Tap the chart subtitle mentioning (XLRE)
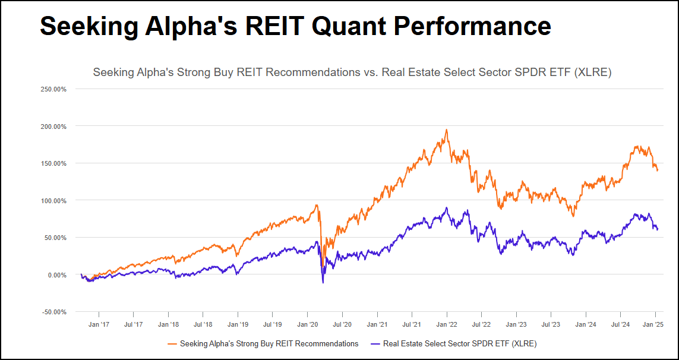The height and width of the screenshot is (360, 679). click(x=352, y=72)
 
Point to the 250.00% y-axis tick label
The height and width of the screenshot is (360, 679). click(x=53, y=89)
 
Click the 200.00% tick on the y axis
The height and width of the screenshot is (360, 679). click(x=53, y=127)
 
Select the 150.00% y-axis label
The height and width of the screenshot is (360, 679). click(x=53, y=163)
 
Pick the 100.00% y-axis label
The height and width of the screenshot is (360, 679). click(x=53, y=201)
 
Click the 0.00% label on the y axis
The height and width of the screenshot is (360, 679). click(x=56, y=275)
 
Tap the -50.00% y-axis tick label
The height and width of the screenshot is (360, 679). click(x=53, y=312)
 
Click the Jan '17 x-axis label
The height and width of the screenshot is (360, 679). click(x=98, y=324)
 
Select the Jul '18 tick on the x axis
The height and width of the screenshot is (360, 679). click(x=203, y=324)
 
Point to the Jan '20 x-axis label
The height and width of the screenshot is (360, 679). click(x=307, y=324)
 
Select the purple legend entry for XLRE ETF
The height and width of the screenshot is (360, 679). click(x=454, y=343)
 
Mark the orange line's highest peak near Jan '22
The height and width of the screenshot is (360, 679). click(x=447, y=130)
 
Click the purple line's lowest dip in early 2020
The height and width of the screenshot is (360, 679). click(x=323, y=283)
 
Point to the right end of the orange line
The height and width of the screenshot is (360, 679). click(x=657, y=170)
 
